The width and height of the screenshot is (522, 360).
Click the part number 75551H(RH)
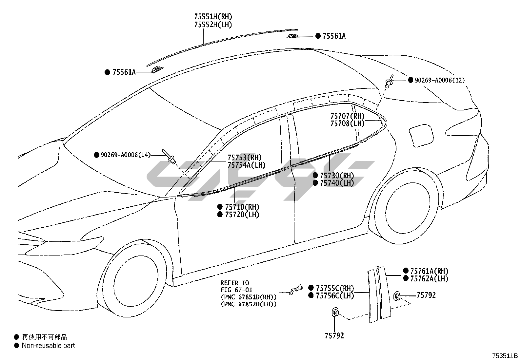(213, 16)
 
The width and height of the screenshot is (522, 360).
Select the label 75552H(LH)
(213, 25)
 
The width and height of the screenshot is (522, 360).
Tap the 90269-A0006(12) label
(439, 80)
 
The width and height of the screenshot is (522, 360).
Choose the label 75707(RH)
(347, 116)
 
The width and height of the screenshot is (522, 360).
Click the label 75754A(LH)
(247, 165)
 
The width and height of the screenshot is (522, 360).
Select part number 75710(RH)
(242, 207)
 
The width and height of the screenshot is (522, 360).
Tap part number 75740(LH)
(337, 183)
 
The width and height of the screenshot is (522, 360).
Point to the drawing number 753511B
(504, 355)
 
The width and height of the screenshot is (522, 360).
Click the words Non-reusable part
(48, 345)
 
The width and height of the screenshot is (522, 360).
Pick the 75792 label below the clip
(334, 336)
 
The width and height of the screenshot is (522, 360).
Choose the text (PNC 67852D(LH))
(249, 304)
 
